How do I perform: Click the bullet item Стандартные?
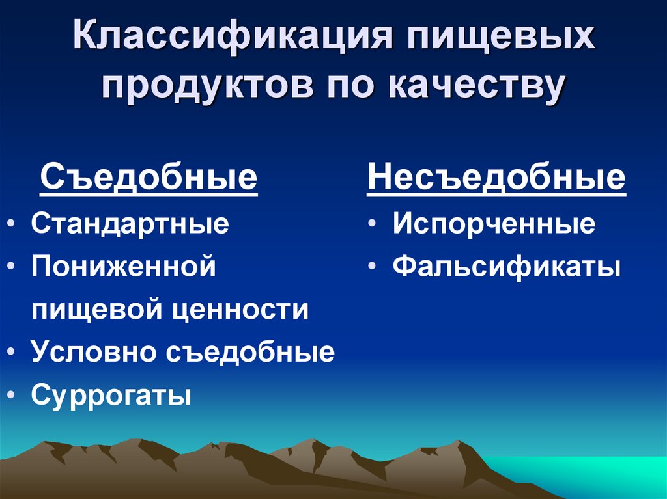(130, 224)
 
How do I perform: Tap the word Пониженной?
(123, 267)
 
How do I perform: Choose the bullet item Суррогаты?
(111, 395)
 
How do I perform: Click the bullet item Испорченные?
(494, 224)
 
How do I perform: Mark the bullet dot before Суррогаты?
(14, 395)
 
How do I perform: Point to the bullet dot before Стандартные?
(14, 224)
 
